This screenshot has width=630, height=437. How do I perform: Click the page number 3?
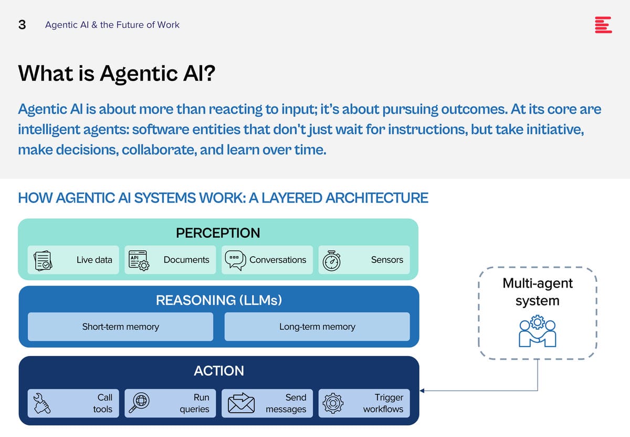tap(22, 25)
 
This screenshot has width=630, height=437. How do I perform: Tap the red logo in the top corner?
tap(603, 25)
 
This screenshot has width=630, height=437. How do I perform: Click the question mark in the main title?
tap(209, 73)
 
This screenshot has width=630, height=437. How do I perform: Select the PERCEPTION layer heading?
tap(218, 233)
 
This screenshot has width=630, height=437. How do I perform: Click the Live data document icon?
tap(43, 261)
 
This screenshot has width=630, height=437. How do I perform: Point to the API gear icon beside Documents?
tap(139, 261)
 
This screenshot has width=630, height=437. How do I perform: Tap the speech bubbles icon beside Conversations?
tap(235, 260)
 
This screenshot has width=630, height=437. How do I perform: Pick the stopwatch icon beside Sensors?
tap(332, 261)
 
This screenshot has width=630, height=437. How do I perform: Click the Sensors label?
tap(387, 260)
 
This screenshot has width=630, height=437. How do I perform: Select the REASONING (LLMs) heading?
tap(219, 300)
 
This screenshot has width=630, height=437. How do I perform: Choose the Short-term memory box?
tap(120, 327)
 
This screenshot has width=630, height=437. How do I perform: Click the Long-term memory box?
tap(317, 327)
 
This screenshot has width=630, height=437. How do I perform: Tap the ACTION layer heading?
tap(219, 371)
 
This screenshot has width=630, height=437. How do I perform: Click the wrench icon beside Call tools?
tap(41, 403)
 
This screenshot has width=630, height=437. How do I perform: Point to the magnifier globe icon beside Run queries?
tap(139, 403)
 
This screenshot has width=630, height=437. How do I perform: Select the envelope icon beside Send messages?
tap(241, 403)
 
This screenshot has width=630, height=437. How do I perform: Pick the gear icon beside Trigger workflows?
tap(333, 403)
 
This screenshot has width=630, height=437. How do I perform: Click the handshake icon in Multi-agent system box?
tap(538, 331)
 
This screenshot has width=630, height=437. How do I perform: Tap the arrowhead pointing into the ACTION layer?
tap(422, 391)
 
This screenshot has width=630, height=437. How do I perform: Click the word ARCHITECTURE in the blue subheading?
tap(377, 198)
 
